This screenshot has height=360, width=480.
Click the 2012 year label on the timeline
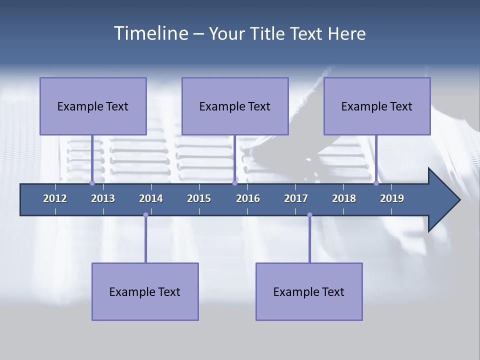coord(55,198)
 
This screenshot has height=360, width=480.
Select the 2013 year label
coord(103,198)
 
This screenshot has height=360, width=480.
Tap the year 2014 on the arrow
coord(151,198)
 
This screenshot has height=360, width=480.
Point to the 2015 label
coord(199,198)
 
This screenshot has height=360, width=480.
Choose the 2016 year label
coord(248,198)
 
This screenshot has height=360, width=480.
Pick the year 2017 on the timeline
coord(296,198)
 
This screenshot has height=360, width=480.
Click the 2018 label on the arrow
coord(344,198)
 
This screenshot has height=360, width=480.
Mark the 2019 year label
coord(392,198)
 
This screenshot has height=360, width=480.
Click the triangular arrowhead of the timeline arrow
coord(442,200)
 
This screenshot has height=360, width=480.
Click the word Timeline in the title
coord(150,33)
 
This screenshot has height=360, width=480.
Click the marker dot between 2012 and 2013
coord(92,183)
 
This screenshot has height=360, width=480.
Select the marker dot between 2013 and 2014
coord(145,215)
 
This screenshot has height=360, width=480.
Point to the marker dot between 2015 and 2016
coord(234,183)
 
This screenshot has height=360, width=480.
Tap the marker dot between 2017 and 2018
coord(309,215)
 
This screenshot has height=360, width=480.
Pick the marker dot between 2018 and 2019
coord(376,183)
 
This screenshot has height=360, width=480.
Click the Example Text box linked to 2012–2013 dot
coord(93,106)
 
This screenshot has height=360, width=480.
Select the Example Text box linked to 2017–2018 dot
coord(309,291)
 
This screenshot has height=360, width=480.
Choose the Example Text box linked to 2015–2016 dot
coord(235,106)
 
